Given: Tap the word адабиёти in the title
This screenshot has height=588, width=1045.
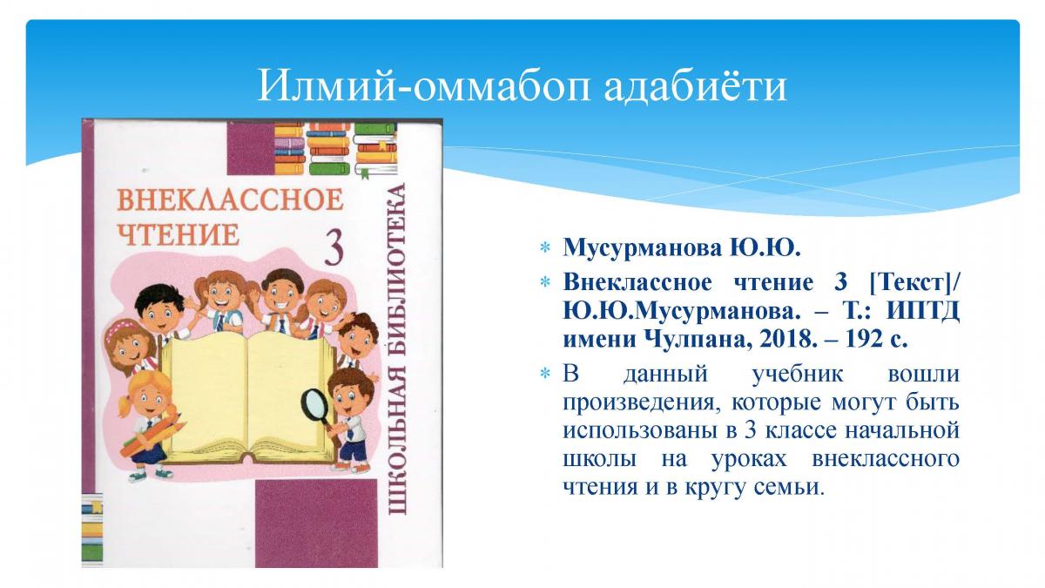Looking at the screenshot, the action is pos(695,86).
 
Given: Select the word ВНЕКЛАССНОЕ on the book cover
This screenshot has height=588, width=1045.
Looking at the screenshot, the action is pos(230,199).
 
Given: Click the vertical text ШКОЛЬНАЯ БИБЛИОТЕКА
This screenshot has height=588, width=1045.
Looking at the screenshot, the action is pos(396,349).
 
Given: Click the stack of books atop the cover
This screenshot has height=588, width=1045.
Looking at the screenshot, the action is pos(335,149).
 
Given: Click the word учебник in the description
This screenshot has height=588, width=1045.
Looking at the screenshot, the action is pos(798,375).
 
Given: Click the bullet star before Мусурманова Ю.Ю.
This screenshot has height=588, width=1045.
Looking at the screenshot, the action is pos(545,247).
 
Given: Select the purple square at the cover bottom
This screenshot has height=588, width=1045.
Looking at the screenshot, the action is pos(316,524).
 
